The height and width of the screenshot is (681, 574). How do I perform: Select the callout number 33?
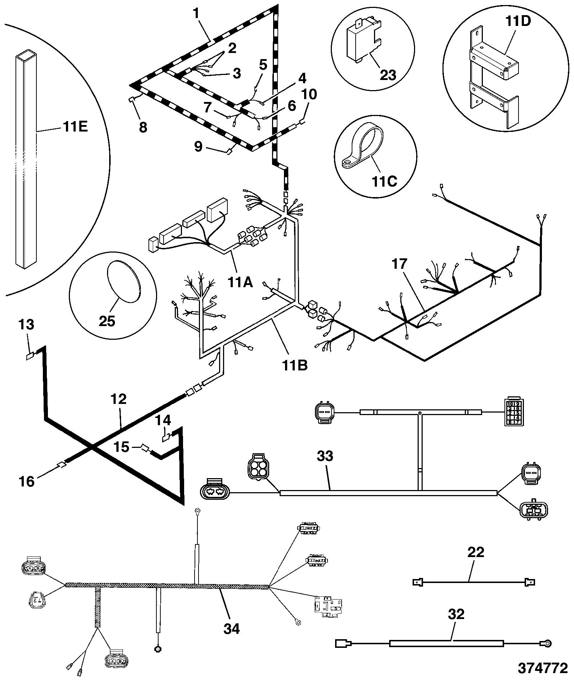(x=325, y=456)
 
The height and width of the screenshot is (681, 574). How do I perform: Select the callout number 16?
(x=26, y=481)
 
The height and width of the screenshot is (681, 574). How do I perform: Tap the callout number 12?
(x=119, y=399)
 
